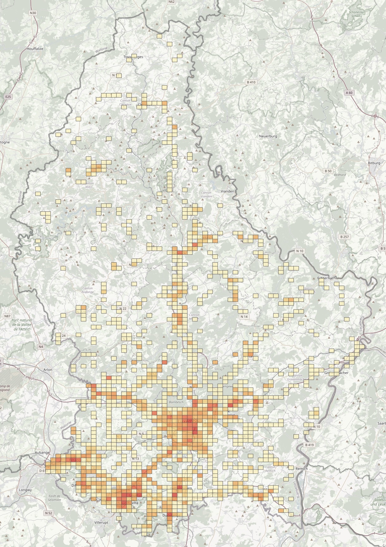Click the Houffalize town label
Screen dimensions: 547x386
(x=35, y=49)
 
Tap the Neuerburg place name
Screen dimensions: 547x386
(x=268, y=136)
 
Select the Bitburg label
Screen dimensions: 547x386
(x=374, y=163)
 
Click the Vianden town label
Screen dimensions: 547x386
(x=227, y=191)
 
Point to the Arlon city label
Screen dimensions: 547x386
(x=48, y=370)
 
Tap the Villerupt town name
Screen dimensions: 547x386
(x=101, y=523)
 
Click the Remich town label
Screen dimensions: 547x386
(x=301, y=469)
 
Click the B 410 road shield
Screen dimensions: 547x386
(x=251, y=82)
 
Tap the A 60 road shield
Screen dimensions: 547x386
(x=349, y=93)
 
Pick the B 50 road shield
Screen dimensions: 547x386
(x=328, y=171)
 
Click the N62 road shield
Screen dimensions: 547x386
(x=171, y=2)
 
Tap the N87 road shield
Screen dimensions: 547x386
(x=7, y=316)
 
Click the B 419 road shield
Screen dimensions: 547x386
(x=309, y=445)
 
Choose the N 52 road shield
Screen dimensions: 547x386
(x=48, y=513)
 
